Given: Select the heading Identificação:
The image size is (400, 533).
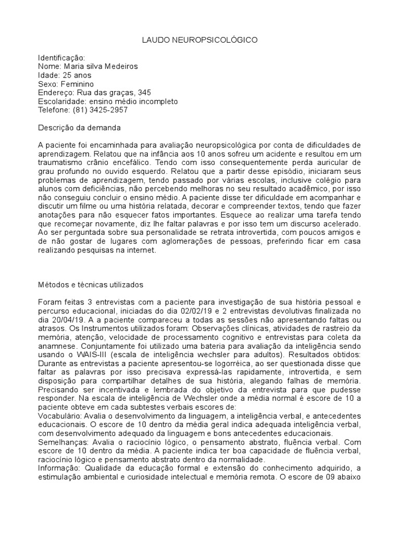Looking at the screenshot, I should click(x=61, y=57).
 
